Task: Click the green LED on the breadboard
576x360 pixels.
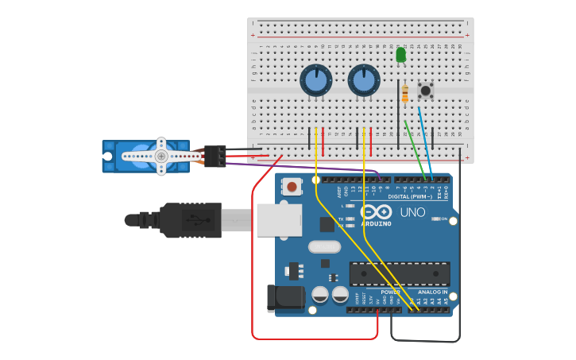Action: [400, 56]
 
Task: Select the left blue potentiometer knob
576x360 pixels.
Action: [315, 80]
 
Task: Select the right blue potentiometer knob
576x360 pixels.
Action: [363, 80]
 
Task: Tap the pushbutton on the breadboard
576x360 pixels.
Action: [426, 90]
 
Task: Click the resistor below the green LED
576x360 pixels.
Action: [405, 93]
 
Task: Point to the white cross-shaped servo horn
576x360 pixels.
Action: [161, 156]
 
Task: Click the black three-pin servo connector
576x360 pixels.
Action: [215, 156]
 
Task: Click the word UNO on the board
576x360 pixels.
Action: [412, 213]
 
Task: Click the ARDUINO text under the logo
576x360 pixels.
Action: [376, 223]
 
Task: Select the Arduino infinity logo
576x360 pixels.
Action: [376, 212]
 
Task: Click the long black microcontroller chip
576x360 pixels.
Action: [400, 274]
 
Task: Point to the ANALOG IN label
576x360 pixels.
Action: [434, 292]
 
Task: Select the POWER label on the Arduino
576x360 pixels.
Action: [389, 292]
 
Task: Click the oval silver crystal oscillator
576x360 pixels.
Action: [324, 247]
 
